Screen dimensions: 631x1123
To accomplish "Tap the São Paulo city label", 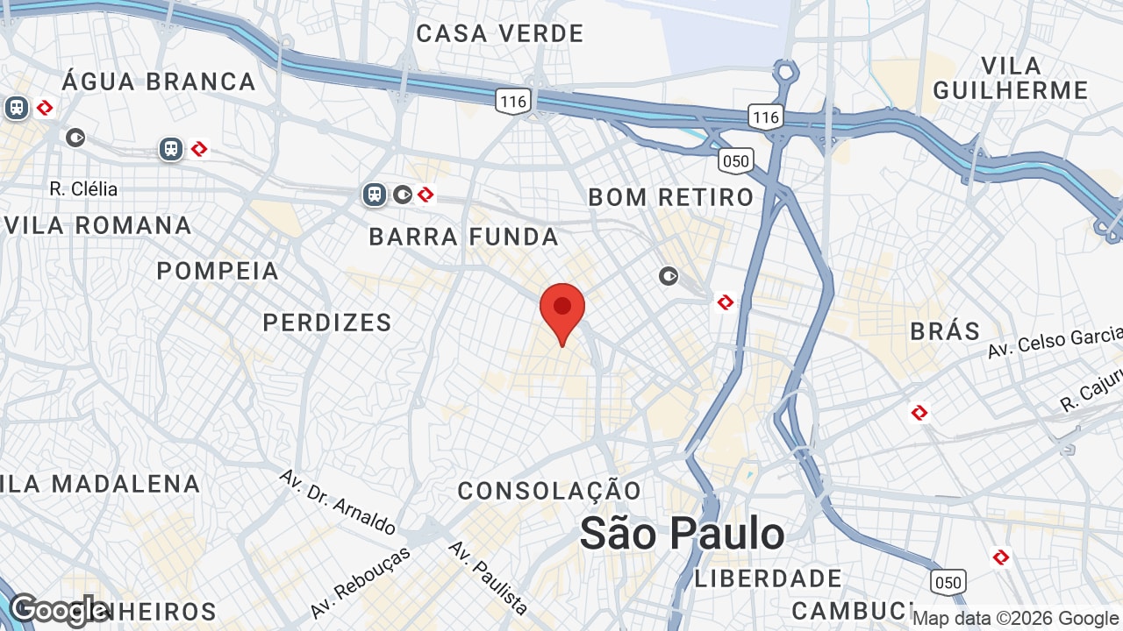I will (x=682, y=533).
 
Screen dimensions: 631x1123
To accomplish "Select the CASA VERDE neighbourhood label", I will (x=499, y=34).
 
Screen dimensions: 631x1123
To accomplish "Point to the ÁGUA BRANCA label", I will (x=159, y=82).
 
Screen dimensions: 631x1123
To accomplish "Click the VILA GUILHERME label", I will (x=1010, y=78).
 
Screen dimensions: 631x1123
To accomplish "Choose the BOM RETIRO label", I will (x=670, y=197).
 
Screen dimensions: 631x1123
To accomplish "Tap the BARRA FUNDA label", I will (x=463, y=237).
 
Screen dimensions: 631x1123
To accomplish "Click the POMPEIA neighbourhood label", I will (x=218, y=272).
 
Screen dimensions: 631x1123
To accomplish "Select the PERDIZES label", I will (x=327, y=323).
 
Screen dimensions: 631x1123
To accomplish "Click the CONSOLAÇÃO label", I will (x=549, y=491).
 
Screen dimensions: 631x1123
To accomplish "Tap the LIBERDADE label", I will (x=769, y=578).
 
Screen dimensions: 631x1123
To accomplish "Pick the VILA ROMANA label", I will (x=97, y=225).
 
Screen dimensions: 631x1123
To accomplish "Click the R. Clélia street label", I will (x=83, y=188).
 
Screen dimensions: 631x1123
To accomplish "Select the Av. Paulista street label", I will (x=488, y=578).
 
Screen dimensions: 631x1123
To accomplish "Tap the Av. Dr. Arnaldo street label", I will (x=338, y=502).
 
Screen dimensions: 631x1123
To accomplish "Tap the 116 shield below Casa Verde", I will (x=512, y=102).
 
